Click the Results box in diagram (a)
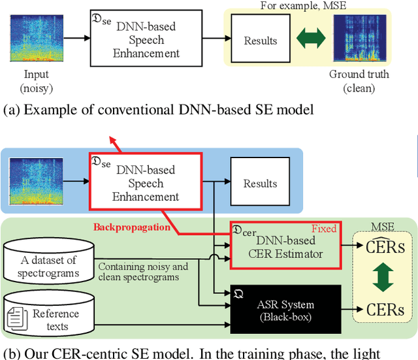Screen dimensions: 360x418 pyautogui.click(x=260, y=41)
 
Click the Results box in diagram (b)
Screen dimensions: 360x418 pyautogui.click(x=260, y=184)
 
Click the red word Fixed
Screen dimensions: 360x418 pyautogui.click(x=324, y=229)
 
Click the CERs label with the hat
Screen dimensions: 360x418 pyautogui.click(x=381, y=247)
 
